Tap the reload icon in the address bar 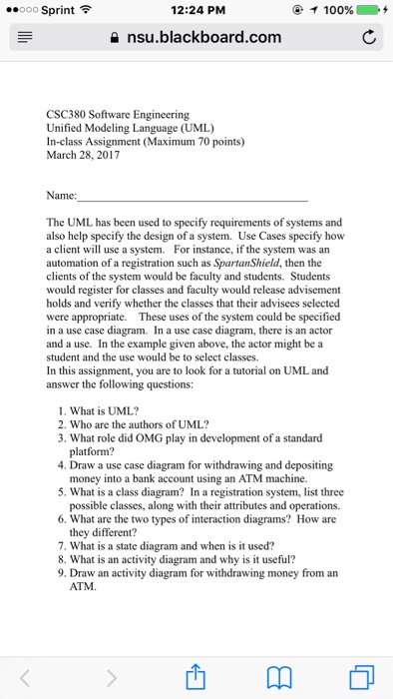coord(368,39)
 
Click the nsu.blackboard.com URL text coord(203,39)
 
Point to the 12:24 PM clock coord(196,11)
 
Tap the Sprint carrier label coord(52,11)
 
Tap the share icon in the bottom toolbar coord(196,676)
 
